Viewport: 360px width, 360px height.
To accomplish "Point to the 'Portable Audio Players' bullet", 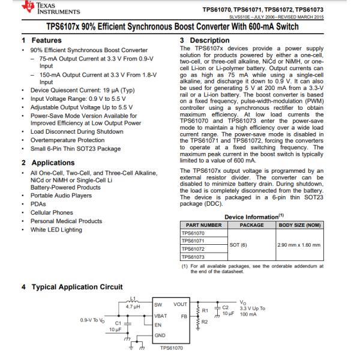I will tap(61, 195).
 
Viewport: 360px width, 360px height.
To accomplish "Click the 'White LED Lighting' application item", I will tap(56, 230).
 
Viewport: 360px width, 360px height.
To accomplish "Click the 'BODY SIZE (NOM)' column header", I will tap(300, 225).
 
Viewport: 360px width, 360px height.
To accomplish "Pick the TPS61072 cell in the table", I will tap(193, 248).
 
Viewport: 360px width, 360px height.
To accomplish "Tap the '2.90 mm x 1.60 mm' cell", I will tap(299, 245).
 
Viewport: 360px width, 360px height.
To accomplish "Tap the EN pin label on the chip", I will tap(158, 325).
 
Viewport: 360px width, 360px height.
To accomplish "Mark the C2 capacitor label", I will tap(226, 307).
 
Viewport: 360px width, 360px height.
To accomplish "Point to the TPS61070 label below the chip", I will tap(172, 347).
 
